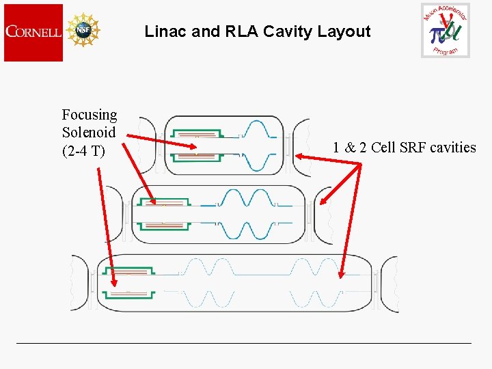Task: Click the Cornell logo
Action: pyautogui.click(x=33, y=32)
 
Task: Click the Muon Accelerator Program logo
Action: pyautogui.click(x=446, y=31)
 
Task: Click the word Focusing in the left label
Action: pyautogui.click(x=90, y=115)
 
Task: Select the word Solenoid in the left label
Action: pyautogui.click(x=89, y=133)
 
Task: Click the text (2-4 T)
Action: pyautogui.click(x=84, y=150)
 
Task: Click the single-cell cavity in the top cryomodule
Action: pyautogui.click(x=260, y=146)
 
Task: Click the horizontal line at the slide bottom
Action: pyautogui.click(x=244, y=342)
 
